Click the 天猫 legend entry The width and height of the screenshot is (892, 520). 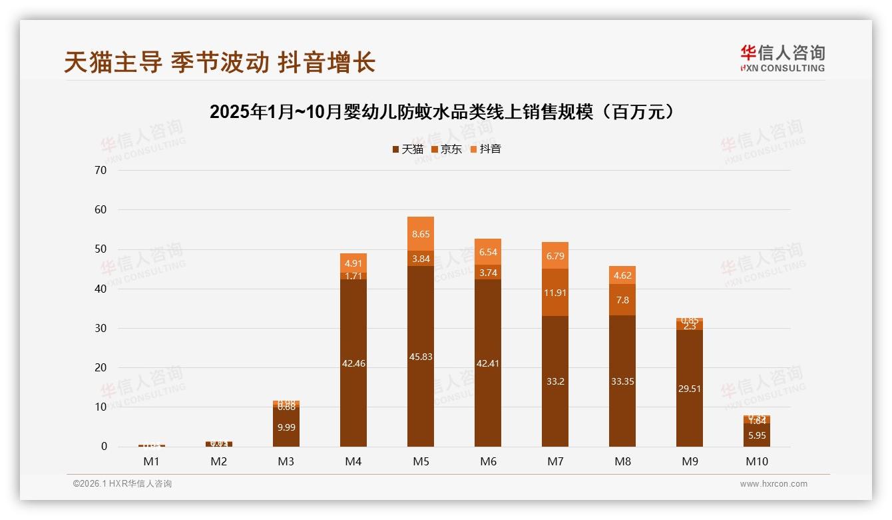tap(407, 149)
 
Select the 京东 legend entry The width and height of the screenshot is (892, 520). tap(446, 149)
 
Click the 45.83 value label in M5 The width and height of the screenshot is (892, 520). tap(421, 357)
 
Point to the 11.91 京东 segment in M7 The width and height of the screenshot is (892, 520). tap(555, 292)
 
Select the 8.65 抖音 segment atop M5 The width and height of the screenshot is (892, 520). tap(421, 234)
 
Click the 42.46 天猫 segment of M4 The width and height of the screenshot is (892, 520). tap(353, 363)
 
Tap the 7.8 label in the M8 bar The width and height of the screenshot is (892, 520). tap(622, 300)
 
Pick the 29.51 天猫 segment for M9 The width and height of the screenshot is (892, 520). tap(690, 389)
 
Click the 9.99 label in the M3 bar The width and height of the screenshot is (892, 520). tap(286, 427)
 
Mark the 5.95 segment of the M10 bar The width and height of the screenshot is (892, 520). tap(757, 435)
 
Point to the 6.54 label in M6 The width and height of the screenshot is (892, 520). tap(488, 252)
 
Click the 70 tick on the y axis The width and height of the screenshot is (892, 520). tap(101, 170)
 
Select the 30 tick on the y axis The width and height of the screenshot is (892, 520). tap(101, 328)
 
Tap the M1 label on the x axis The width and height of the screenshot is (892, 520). tap(152, 461)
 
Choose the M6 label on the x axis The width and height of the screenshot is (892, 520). tap(488, 461)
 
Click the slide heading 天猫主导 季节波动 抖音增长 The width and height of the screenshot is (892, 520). tap(220, 62)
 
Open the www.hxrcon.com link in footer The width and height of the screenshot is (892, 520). tap(774, 484)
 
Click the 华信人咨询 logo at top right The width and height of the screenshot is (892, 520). tap(782, 57)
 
